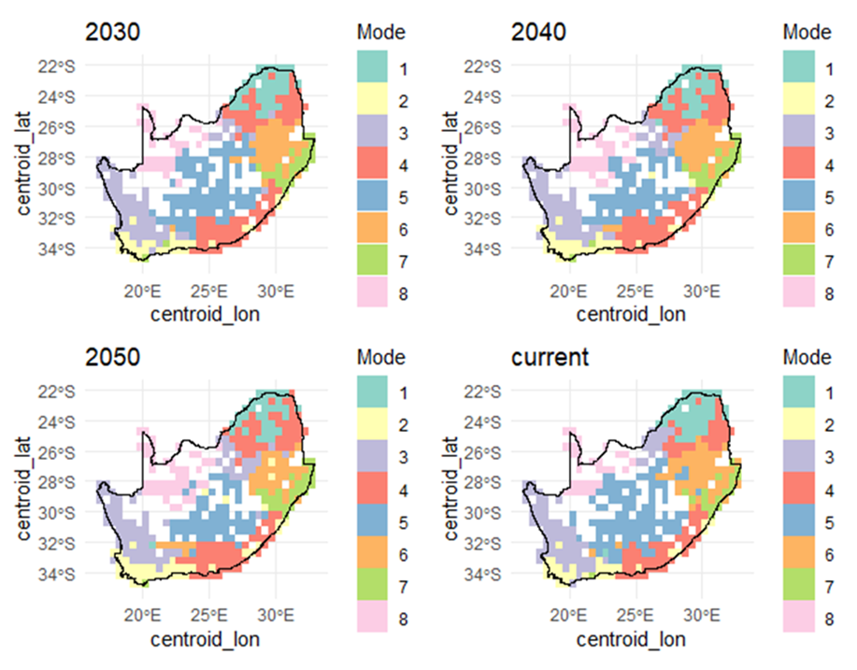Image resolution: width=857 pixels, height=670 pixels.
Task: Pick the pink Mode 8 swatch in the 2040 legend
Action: (x=796, y=292)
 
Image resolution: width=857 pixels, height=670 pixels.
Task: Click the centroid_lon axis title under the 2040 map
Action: (x=630, y=313)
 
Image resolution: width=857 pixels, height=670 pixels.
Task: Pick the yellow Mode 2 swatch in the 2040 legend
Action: (x=796, y=100)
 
